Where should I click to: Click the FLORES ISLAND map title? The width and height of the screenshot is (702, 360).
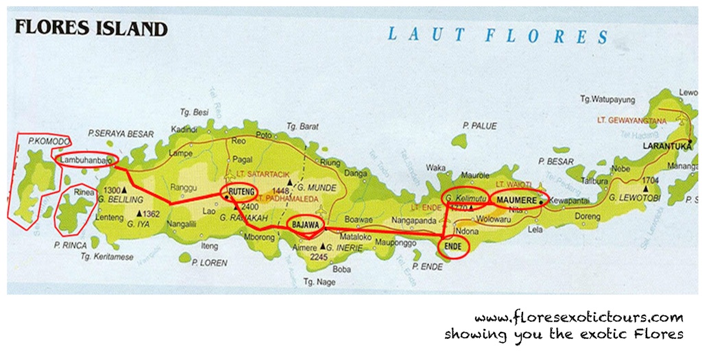91,28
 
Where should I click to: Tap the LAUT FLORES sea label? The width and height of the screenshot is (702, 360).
497,35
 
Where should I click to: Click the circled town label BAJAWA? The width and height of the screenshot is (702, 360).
305,224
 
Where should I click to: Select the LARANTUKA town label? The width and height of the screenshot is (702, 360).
665,146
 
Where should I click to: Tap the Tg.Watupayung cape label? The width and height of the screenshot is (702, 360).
609,99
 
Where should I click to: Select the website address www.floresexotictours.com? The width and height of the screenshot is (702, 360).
578,317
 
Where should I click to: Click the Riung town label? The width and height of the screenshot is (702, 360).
330,163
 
